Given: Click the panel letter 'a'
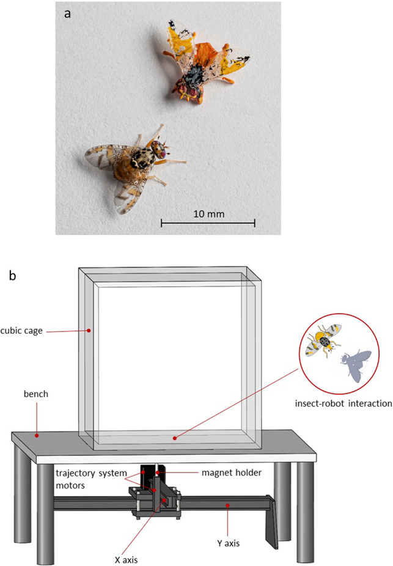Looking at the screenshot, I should click(x=69, y=13).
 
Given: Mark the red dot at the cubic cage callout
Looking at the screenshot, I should click(x=89, y=331).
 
